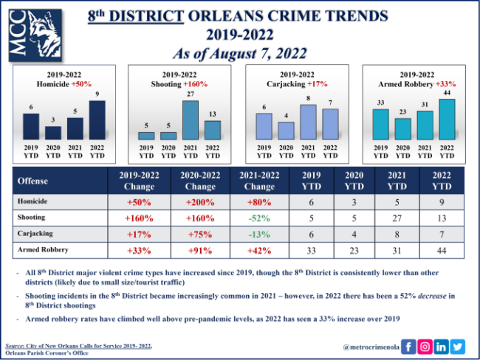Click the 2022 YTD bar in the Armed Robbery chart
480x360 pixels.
pyautogui.click(x=446, y=119)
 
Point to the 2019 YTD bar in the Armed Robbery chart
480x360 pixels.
pyautogui.click(x=380, y=124)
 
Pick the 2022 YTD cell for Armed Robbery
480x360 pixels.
pyautogui.click(x=442, y=251)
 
